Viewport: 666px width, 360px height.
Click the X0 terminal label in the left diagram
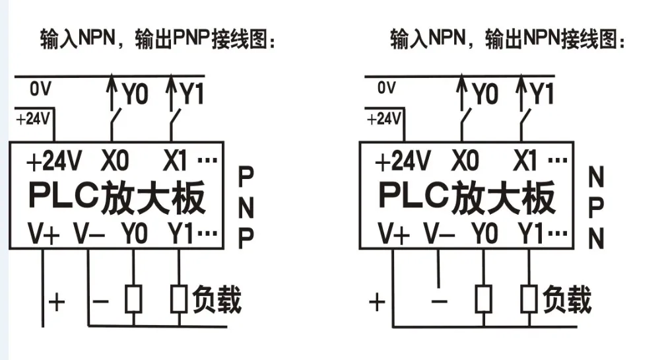[115, 161]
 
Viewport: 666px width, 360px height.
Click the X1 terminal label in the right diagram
[525, 161]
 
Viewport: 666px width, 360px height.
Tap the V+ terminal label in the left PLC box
[44, 233]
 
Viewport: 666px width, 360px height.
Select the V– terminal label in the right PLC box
[439, 233]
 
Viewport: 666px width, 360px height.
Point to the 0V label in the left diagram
[40, 89]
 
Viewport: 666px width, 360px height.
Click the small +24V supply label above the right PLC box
[383, 119]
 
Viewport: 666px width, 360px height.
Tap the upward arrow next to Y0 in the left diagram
[112, 92]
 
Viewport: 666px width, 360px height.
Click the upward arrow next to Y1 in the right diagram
[522, 92]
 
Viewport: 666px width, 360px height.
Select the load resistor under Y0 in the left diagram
[133, 299]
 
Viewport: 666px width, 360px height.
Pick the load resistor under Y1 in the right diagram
[529, 299]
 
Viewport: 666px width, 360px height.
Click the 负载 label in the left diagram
[216, 300]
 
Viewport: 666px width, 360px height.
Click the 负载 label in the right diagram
[567, 300]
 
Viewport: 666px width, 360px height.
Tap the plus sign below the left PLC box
[57, 302]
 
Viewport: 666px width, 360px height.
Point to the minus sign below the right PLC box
[439, 301]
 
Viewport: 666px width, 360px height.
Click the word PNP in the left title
[191, 39]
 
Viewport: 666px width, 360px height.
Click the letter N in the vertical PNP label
[246, 208]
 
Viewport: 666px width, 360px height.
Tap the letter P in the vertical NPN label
[596, 207]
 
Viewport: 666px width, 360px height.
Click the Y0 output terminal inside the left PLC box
[135, 233]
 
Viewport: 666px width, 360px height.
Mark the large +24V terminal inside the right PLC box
[403, 161]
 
